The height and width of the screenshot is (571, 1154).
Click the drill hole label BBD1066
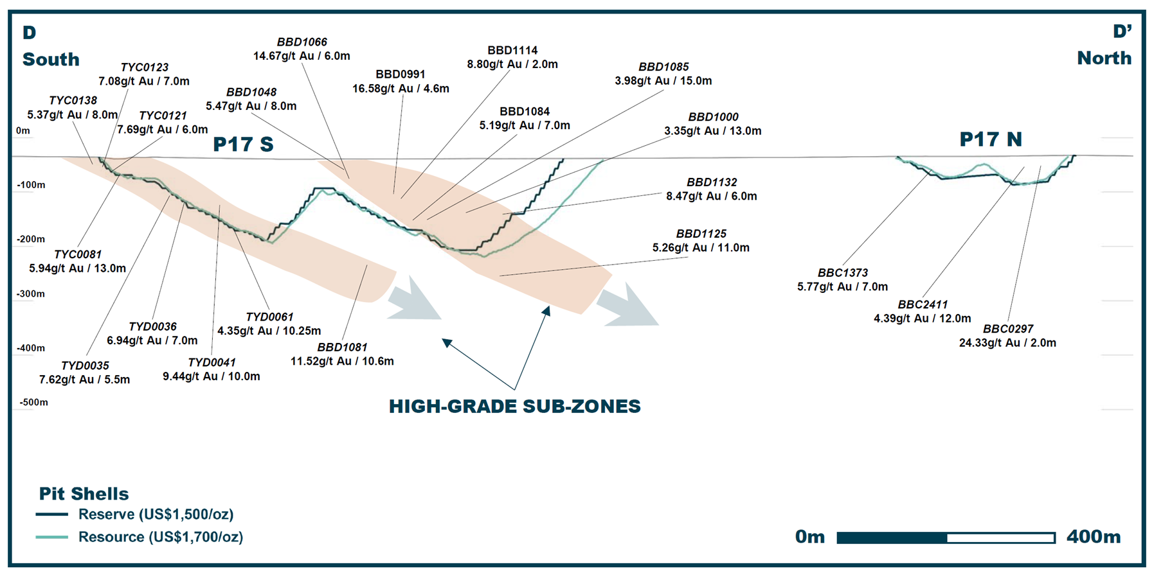(302, 42)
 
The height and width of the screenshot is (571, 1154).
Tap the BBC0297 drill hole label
(1008, 329)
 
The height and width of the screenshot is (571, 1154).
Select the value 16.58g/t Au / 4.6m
(401, 89)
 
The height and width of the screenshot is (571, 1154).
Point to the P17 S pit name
(243, 144)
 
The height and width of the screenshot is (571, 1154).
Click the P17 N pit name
(991, 139)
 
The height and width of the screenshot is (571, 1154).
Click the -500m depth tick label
(33, 402)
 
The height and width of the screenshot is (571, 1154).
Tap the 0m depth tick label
(23, 130)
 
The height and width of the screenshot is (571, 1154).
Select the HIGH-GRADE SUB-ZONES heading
(515, 407)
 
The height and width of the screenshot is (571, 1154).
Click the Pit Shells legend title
(84, 493)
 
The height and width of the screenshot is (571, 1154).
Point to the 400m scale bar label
(1094, 537)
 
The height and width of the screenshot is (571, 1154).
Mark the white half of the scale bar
(1001, 538)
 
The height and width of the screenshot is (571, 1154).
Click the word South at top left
(51, 59)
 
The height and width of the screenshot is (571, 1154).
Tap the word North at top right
(1104, 58)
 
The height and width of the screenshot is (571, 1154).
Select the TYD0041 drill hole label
(212, 363)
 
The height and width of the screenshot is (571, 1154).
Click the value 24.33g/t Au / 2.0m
(1007, 343)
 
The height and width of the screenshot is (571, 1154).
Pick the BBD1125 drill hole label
(701, 234)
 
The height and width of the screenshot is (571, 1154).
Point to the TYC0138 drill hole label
(73, 101)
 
